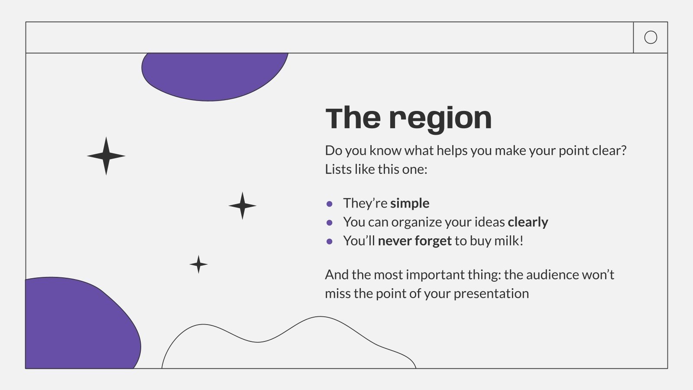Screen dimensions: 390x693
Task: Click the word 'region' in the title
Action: coord(440,119)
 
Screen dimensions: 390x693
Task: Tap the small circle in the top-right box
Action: coord(651,37)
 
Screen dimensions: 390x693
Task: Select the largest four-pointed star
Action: coord(106,156)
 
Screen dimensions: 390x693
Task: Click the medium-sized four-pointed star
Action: coord(242,205)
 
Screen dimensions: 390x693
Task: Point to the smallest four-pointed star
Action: coord(198,264)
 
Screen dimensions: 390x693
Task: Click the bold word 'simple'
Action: coord(410,203)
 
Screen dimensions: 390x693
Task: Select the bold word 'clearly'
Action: coord(528,222)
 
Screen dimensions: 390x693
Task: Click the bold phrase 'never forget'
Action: coord(415,241)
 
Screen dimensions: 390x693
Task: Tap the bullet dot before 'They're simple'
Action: coord(330,204)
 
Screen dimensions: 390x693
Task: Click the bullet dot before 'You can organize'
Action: coord(330,223)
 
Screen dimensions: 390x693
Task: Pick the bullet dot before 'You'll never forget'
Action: coord(330,241)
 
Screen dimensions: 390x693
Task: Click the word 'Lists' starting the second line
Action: coord(338,169)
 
